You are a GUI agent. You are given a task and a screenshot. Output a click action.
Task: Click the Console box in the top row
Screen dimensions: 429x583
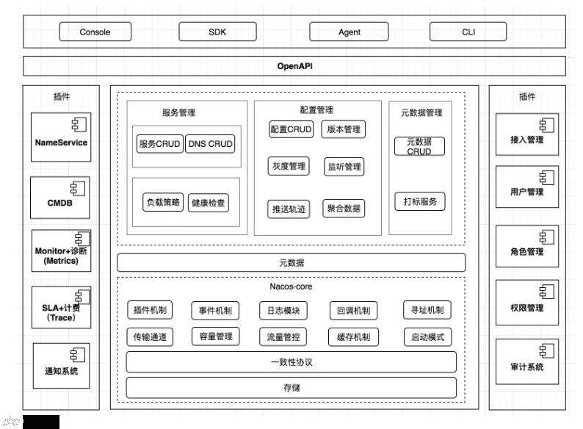[x=95, y=32]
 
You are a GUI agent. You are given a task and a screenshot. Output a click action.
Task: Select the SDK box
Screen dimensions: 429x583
[x=217, y=32]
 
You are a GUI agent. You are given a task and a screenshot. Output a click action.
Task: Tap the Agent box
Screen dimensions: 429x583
[x=349, y=32]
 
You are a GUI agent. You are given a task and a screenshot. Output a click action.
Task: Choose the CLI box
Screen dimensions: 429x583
[x=468, y=32]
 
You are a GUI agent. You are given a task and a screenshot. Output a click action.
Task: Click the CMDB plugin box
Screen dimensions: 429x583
[x=61, y=197]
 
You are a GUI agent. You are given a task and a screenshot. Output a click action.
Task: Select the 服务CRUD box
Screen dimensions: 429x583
[x=159, y=144]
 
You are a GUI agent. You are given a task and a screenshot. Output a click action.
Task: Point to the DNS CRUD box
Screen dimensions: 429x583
[x=211, y=144]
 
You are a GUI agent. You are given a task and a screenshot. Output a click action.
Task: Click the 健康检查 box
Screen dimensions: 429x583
[x=209, y=202]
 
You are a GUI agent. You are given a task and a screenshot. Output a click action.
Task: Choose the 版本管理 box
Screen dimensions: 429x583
[x=343, y=129]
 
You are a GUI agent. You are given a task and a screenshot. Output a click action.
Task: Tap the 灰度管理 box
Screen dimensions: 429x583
[x=287, y=167]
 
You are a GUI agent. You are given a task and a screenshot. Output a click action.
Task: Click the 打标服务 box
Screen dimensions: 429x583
[x=419, y=201]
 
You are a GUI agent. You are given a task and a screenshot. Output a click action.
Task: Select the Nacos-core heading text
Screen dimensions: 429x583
[x=291, y=286]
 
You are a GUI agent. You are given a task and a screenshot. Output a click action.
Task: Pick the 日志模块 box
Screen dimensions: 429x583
[x=283, y=311]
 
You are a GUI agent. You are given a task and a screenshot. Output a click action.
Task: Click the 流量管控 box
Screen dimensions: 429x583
[x=283, y=337]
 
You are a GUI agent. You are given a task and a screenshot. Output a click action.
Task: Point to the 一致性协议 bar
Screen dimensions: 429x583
[x=291, y=362]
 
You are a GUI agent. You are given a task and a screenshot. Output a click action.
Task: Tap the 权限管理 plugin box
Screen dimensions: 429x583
[x=526, y=302]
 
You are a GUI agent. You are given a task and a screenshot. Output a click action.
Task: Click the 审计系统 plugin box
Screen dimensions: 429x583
[x=526, y=361]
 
